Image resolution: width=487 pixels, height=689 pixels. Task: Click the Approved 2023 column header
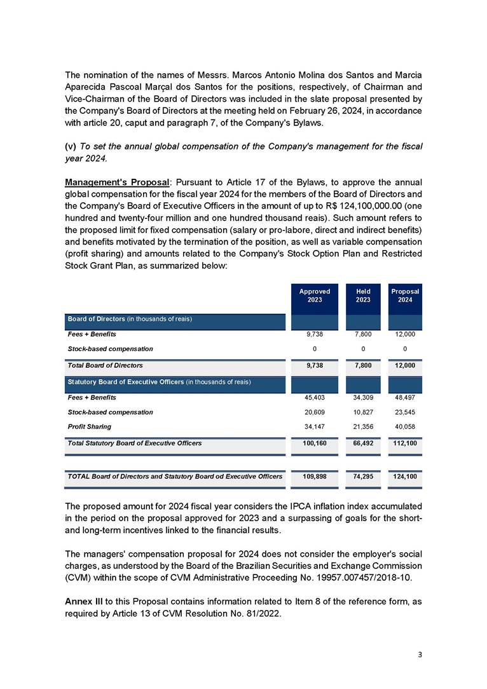[314, 296]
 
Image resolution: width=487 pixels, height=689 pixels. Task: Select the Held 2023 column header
[362, 296]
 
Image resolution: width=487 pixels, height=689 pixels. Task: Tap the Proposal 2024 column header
[404, 296]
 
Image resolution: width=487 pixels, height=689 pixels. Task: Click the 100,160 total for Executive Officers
[314, 443]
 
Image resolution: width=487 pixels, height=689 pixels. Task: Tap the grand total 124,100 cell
[404, 476]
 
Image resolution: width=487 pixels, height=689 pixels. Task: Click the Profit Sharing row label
[89, 426]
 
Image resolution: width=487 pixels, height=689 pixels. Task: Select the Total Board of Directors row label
[105, 365]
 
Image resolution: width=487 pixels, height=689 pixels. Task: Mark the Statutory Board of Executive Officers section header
[159, 382]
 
